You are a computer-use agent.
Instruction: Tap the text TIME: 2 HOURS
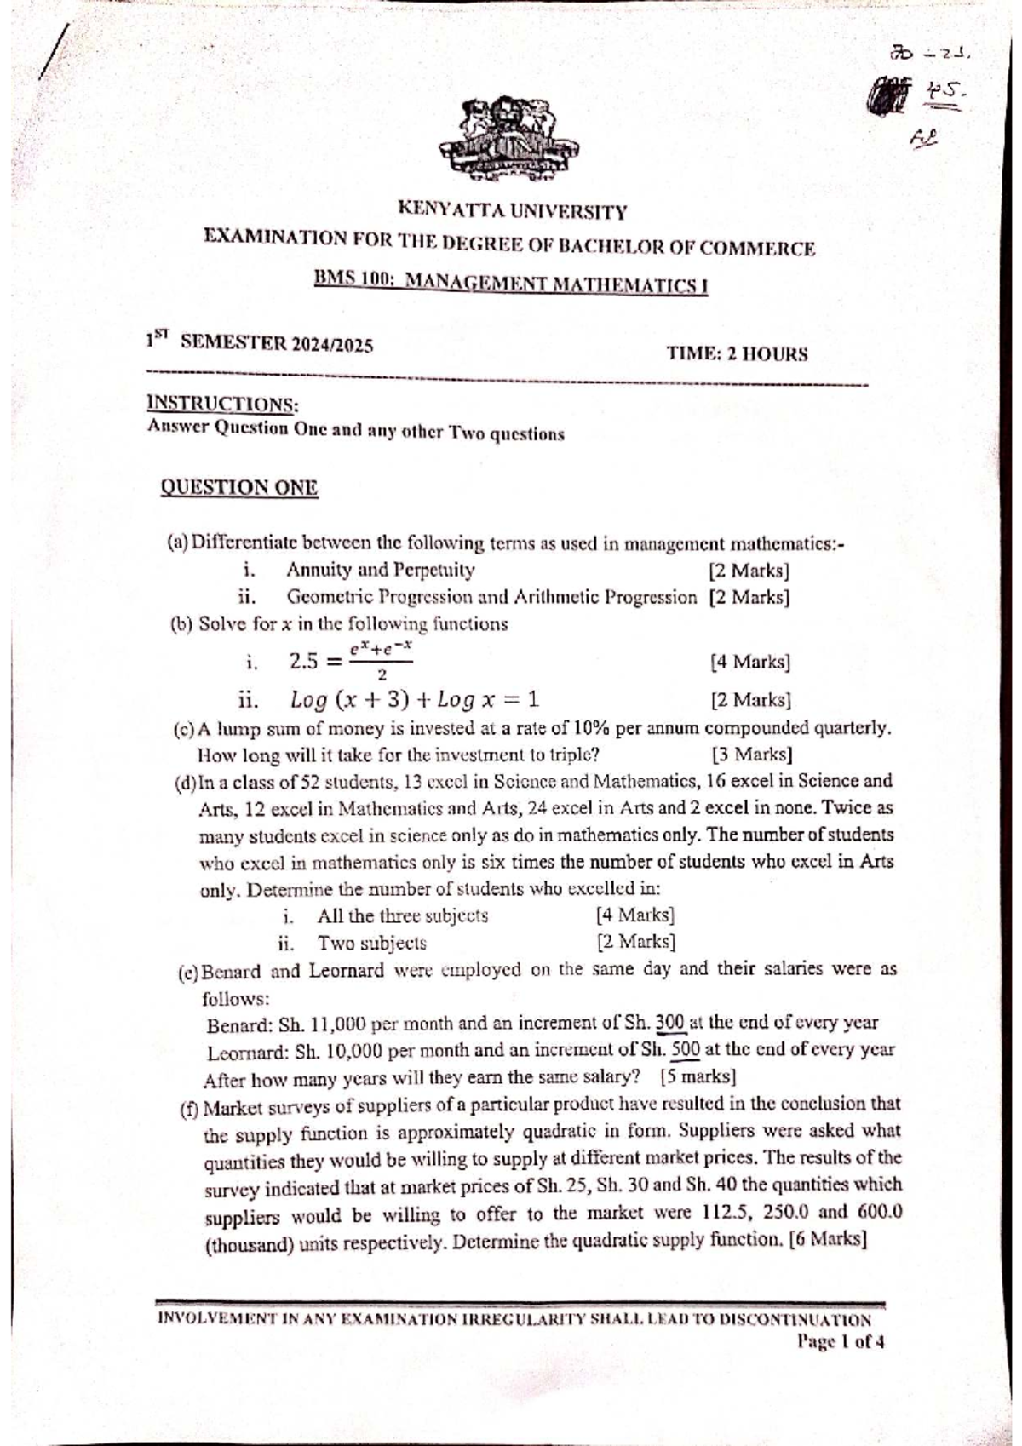tap(737, 353)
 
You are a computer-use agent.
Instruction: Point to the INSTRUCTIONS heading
tap(223, 404)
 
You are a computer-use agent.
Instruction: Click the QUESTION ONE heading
tap(239, 488)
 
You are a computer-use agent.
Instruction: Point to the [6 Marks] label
tap(828, 1239)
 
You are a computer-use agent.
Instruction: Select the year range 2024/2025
tap(333, 345)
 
